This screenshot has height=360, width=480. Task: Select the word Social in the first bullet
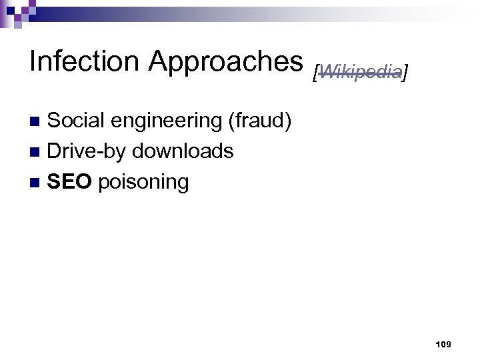76,121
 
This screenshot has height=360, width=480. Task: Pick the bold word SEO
70,181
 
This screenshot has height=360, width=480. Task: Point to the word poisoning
143,183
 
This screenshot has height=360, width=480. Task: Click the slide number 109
443,344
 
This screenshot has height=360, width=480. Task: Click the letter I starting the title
33,61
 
